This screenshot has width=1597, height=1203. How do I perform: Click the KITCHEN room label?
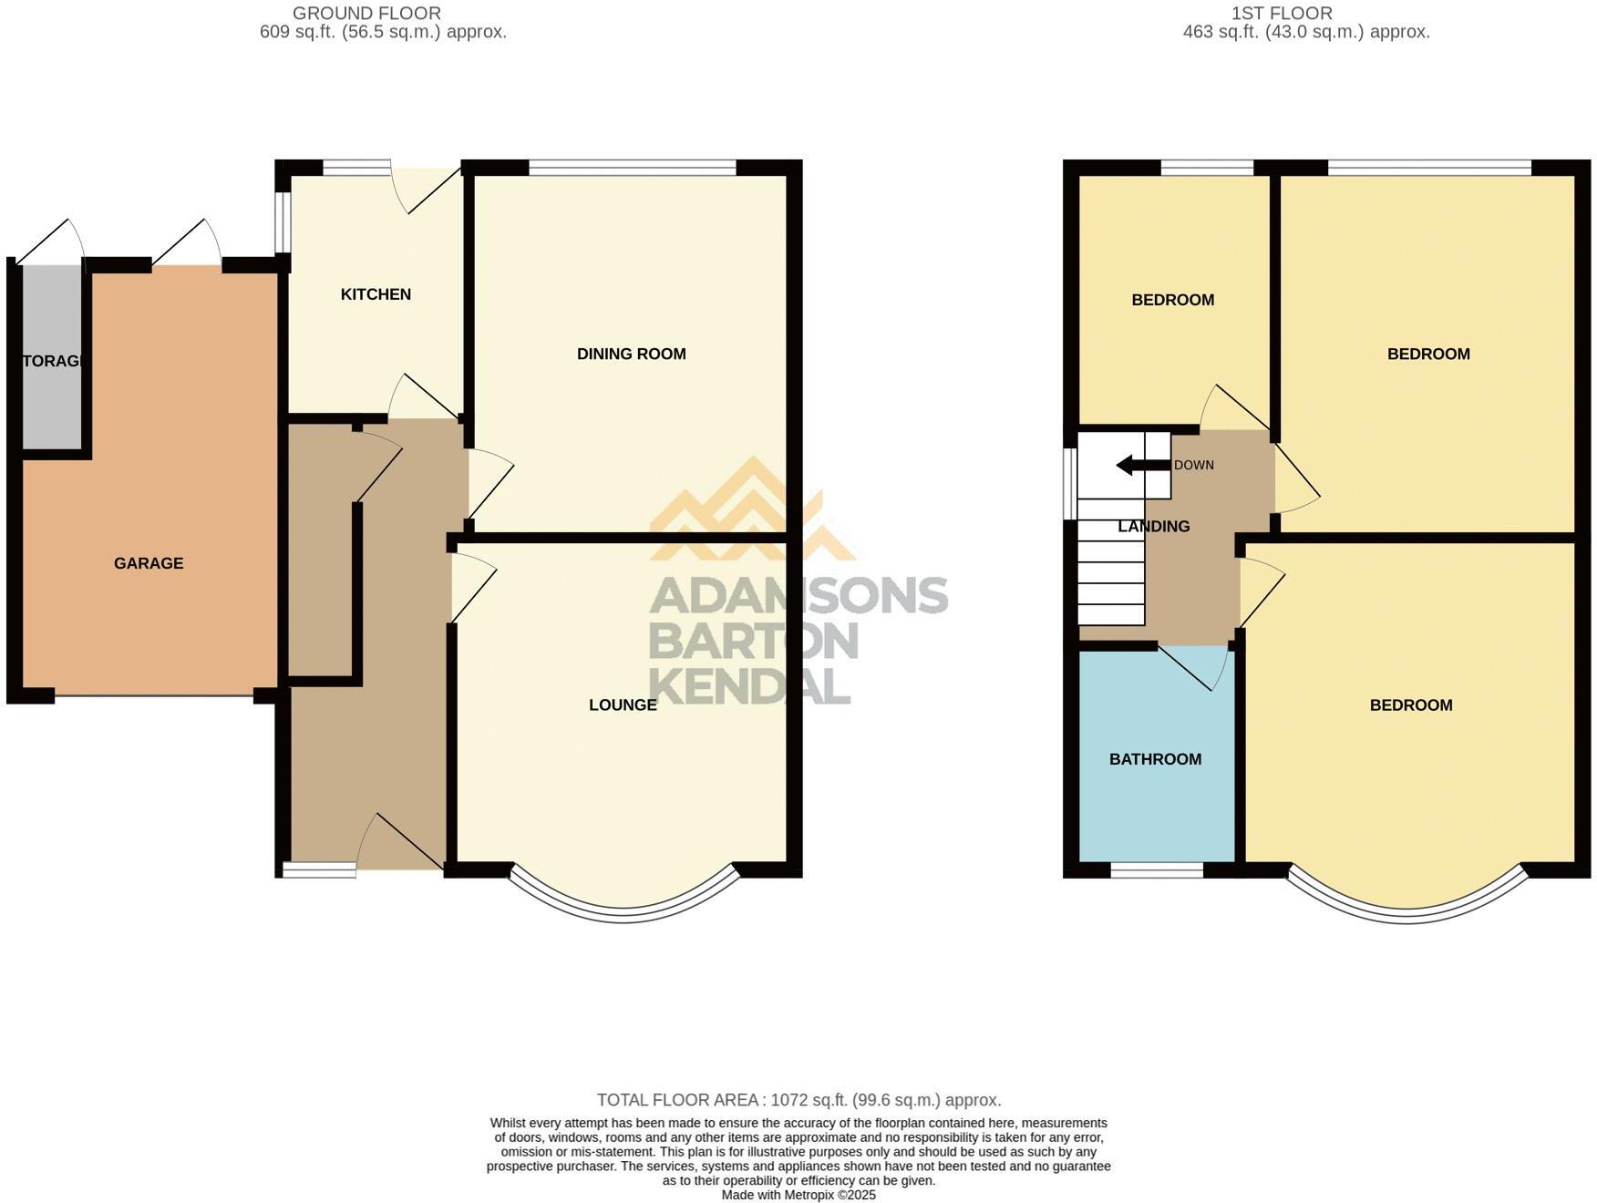coord(376,294)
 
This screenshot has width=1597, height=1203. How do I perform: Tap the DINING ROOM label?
coord(631,354)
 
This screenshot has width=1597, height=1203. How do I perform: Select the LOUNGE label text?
coord(623,704)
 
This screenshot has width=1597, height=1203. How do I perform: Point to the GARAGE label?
coord(149,563)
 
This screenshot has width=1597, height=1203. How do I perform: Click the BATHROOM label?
coord(1155,759)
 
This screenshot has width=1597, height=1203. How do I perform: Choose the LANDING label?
coord(1153,527)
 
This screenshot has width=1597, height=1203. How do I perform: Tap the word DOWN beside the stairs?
coord(1193,465)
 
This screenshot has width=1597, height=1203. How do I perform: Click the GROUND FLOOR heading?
coord(366,14)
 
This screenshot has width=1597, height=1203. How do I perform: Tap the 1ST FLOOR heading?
coord(1281,14)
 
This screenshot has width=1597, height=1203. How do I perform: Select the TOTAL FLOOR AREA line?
coord(798,1100)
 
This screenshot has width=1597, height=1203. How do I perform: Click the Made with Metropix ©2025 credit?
coord(798,1195)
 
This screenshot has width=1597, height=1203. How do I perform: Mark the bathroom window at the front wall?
coord(1157,870)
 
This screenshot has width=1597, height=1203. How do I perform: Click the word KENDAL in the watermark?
coord(749,685)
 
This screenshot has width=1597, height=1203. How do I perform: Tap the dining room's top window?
coord(632,168)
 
